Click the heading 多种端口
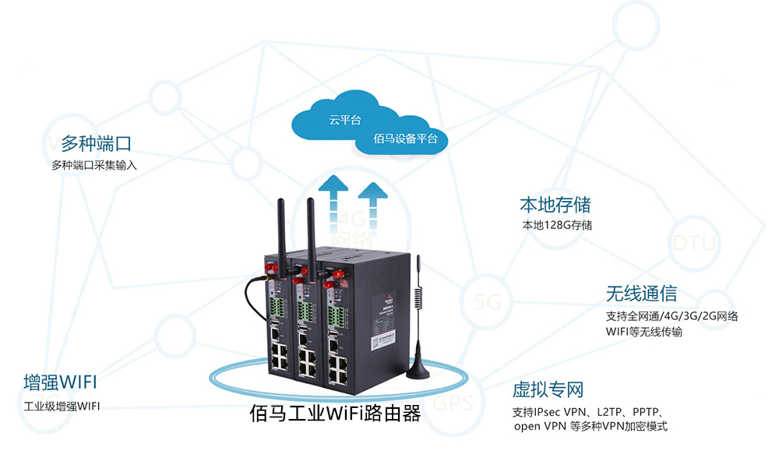click(96, 144)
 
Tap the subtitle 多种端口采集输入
click(94, 165)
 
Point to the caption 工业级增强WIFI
click(62, 406)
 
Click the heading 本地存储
click(555, 205)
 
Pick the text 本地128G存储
click(557, 226)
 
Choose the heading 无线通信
click(641, 294)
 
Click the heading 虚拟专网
click(548, 389)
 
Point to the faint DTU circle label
click(693, 243)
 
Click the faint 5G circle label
click(488, 302)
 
